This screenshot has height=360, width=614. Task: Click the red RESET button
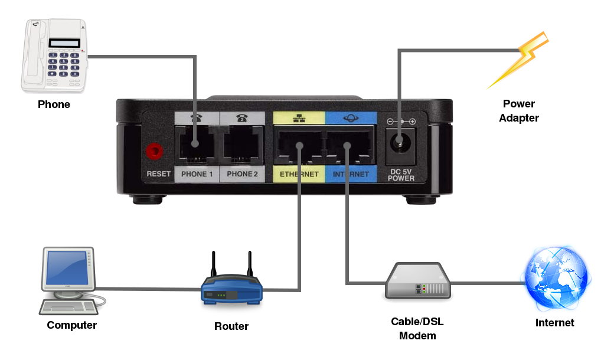pos(155,150)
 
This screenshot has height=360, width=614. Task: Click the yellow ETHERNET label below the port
pos(299,174)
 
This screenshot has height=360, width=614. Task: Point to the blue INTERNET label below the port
pos(351,174)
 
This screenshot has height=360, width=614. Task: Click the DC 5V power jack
pos(401,143)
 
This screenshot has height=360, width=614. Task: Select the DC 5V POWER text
pos(401,175)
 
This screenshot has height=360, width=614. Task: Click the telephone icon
pos(55,56)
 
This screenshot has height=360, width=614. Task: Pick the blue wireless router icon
pos(231,288)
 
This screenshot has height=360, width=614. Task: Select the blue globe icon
pos(556,278)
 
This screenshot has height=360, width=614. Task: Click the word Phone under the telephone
pos(54,104)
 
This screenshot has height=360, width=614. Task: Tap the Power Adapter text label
pos(519,111)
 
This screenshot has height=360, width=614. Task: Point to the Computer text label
pos(71,325)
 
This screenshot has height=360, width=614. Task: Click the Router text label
pos(231,326)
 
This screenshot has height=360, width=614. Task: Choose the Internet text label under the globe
pos(554,323)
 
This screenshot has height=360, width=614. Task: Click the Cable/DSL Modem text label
pos(417,329)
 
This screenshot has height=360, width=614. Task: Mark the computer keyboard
pos(67,306)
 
